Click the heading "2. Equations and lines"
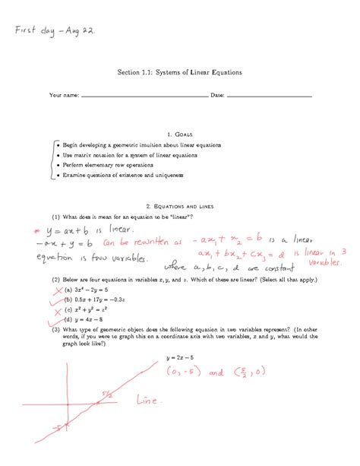pos(179,206)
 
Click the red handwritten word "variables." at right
pos(326,261)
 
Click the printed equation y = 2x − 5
pos(181,358)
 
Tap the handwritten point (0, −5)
pos(183,372)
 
